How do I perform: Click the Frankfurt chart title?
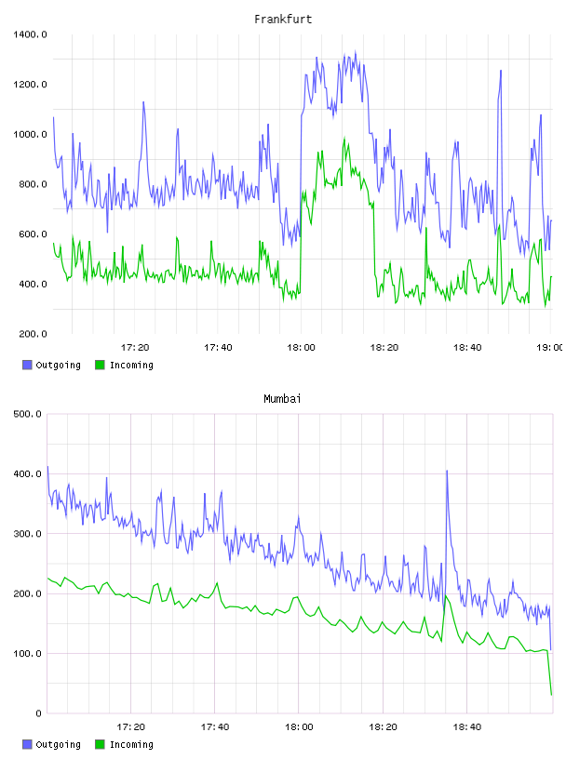[x=283, y=20]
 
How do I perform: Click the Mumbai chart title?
[x=282, y=399]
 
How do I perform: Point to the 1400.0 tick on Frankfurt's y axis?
[x=30, y=34]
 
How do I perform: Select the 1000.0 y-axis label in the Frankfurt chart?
[x=30, y=134]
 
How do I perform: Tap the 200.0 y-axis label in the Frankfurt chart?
[x=33, y=334]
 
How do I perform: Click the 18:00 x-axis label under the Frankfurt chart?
[x=301, y=348]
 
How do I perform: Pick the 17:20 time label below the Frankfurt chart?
[x=135, y=348]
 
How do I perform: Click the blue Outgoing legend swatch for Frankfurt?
[x=27, y=365]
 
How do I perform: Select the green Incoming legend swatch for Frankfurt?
[x=100, y=365]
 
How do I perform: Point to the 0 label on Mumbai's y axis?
[x=38, y=713]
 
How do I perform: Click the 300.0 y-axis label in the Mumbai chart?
[x=27, y=533]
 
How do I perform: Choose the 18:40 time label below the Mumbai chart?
[x=467, y=727]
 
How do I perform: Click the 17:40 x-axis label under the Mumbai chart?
[x=215, y=727]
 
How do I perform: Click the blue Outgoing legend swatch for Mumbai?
[x=27, y=744]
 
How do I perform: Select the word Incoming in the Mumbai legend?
[x=131, y=744]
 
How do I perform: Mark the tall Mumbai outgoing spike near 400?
[x=447, y=471]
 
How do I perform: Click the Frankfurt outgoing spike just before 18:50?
[x=501, y=71]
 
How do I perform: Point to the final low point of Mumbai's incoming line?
[x=551, y=695]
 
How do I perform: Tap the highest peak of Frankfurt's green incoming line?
[x=344, y=139]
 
